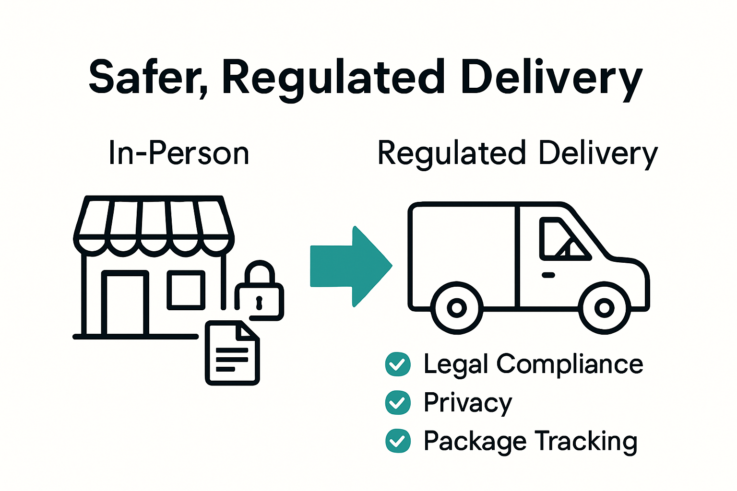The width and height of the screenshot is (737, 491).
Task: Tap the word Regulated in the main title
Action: pos(331,78)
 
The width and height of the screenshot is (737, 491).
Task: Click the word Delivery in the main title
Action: pos(551,78)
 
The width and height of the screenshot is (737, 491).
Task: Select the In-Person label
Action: pos(179,153)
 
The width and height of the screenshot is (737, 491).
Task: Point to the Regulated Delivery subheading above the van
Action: pos(517,153)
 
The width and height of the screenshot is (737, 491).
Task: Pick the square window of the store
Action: pos(186,290)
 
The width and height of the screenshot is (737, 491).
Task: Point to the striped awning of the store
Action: pos(154,223)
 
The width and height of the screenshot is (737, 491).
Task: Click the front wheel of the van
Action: pos(604,308)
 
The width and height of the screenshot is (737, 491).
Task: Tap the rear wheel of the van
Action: pos(457,308)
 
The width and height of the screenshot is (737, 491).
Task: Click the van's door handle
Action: pos(548,275)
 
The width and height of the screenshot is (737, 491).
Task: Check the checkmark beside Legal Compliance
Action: pos(398,364)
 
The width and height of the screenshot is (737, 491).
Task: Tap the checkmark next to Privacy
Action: pos(398,403)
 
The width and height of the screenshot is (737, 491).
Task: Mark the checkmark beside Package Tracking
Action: pos(398,441)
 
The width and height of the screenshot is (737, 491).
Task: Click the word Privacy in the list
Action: pos(468,403)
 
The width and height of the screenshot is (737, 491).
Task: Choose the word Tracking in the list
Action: pos(585,441)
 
